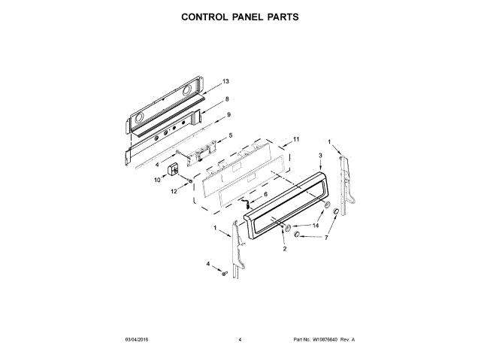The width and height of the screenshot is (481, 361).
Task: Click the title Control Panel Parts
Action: [x=240, y=16]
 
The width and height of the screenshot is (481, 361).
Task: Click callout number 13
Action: [x=225, y=81]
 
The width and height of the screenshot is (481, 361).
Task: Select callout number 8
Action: [x=227, y=99]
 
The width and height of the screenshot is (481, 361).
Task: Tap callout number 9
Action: [x=228, y=114]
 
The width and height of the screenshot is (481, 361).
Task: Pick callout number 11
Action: [x=296, y=139]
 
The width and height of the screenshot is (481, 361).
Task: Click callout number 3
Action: [x=320, y=156]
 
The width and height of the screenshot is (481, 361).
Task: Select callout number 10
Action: [x=158, y=180]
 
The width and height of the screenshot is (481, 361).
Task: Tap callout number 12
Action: [x=174, y=191]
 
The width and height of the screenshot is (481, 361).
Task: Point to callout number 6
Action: [x=265, y=194]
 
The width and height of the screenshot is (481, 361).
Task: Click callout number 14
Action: [x=316, y=225]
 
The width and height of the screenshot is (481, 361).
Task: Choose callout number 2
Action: [x=285, y=247]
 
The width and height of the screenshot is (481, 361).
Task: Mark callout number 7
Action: [x=325, y=238]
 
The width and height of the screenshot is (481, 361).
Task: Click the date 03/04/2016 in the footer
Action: [x=138, y=340]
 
